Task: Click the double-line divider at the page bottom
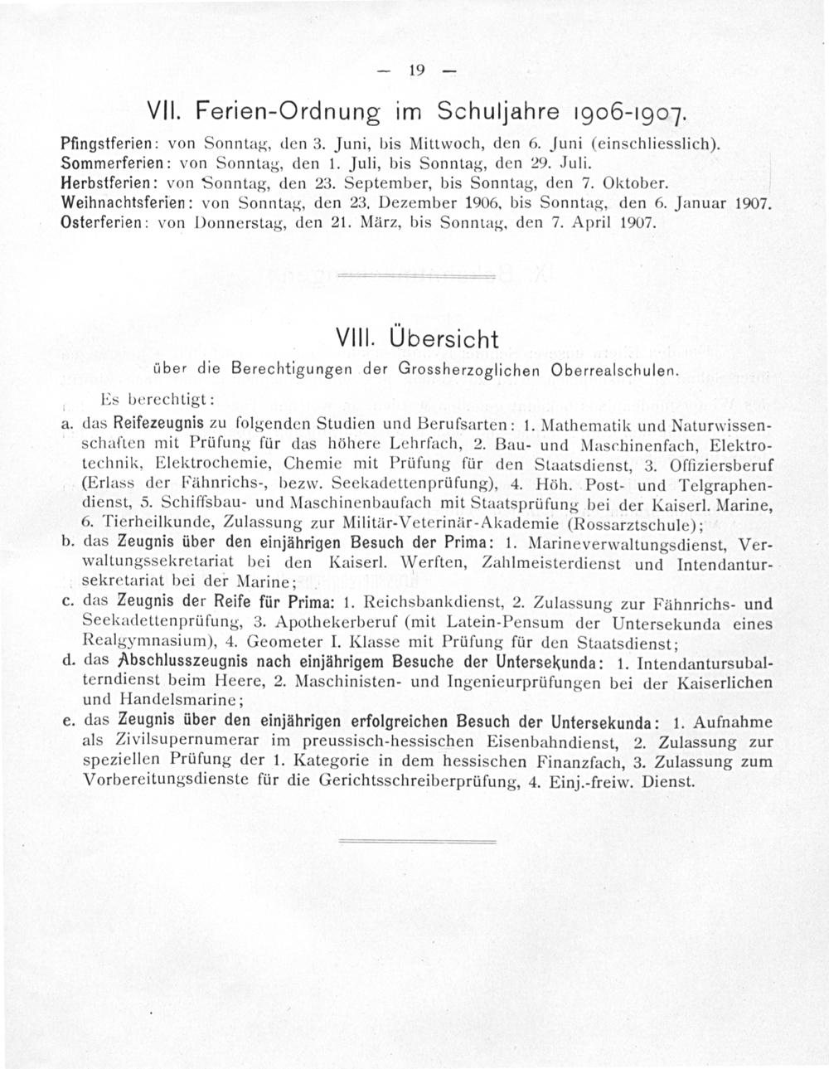[414, 840]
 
